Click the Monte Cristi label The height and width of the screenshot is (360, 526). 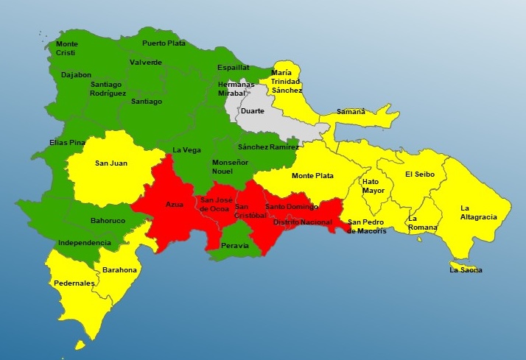(x=66, y=48)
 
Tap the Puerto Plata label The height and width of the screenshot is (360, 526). (x=164, y=43)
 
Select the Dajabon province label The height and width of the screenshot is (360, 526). (x=76, y=74)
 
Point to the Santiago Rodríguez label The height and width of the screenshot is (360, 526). (x=108, y=89)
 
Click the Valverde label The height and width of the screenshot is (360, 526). (x=145, y=63)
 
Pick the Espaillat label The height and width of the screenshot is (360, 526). (x=233, y=67)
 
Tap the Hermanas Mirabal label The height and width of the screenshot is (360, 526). (x=236, y=89)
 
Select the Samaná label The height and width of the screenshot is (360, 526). (x=351, y=111)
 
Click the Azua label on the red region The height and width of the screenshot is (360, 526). (x=175, y=204)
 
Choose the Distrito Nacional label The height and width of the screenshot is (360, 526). (x=302, y=222)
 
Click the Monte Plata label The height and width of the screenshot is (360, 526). (x=312, y=176)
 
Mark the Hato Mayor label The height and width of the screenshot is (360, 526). (x=374, y=186)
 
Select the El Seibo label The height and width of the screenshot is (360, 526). (x=420, y=174)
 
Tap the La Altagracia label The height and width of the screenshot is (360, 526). (x=479, y=212)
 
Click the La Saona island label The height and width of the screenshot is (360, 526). (x=466, y=270)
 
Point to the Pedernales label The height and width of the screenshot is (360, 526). (x=74, y=283)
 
